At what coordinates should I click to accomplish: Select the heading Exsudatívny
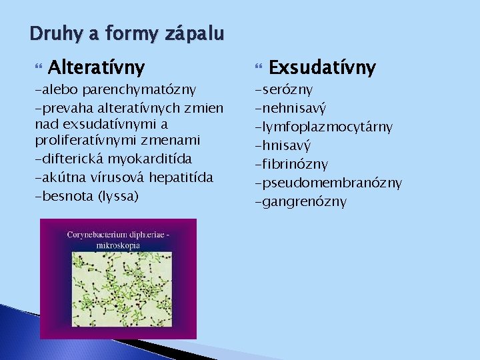point(323,67)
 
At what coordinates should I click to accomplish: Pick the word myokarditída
point(153,159)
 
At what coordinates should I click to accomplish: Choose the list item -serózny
point(284,89)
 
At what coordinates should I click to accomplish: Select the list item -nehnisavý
point(291,107)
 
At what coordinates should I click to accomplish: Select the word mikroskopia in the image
point(119,245)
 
